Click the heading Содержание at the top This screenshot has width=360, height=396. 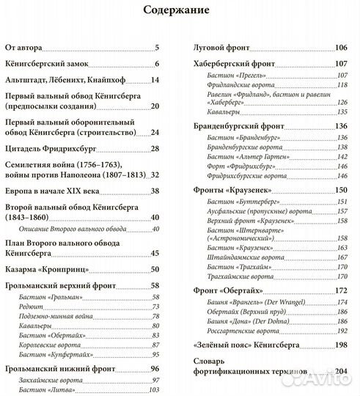pyautogui.click(x=180, y=11)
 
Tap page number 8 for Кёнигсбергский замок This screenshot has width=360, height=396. pyautogui.click(x=156, y=65)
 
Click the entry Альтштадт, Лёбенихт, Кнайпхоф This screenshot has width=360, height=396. pyautogui.click(x=72, y=81)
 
